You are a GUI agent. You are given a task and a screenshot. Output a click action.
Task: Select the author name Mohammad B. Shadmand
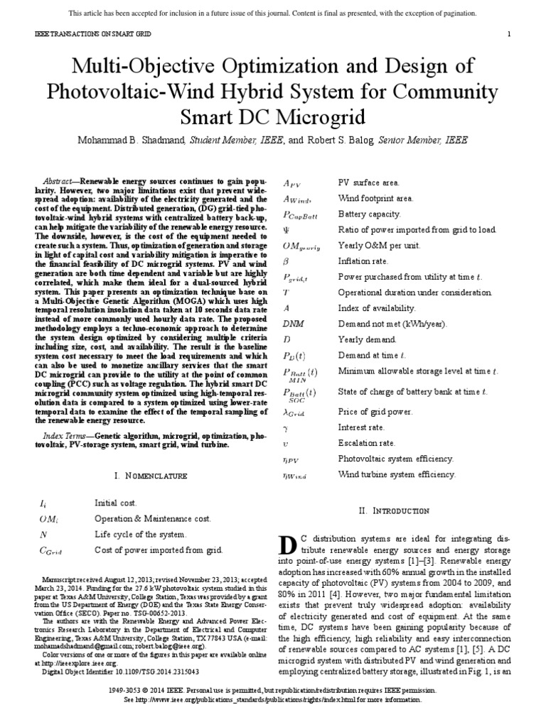pos(129,141)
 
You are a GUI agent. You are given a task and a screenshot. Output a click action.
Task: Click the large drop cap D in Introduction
pos(287,546)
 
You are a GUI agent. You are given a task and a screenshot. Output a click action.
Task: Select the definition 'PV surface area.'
pos(368,183)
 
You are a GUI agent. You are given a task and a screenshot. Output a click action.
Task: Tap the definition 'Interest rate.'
pos(361,427)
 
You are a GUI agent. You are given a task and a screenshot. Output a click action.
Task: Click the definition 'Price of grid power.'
pos(375,411)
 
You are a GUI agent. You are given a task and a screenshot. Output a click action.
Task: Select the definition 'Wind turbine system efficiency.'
pos(397,474)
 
